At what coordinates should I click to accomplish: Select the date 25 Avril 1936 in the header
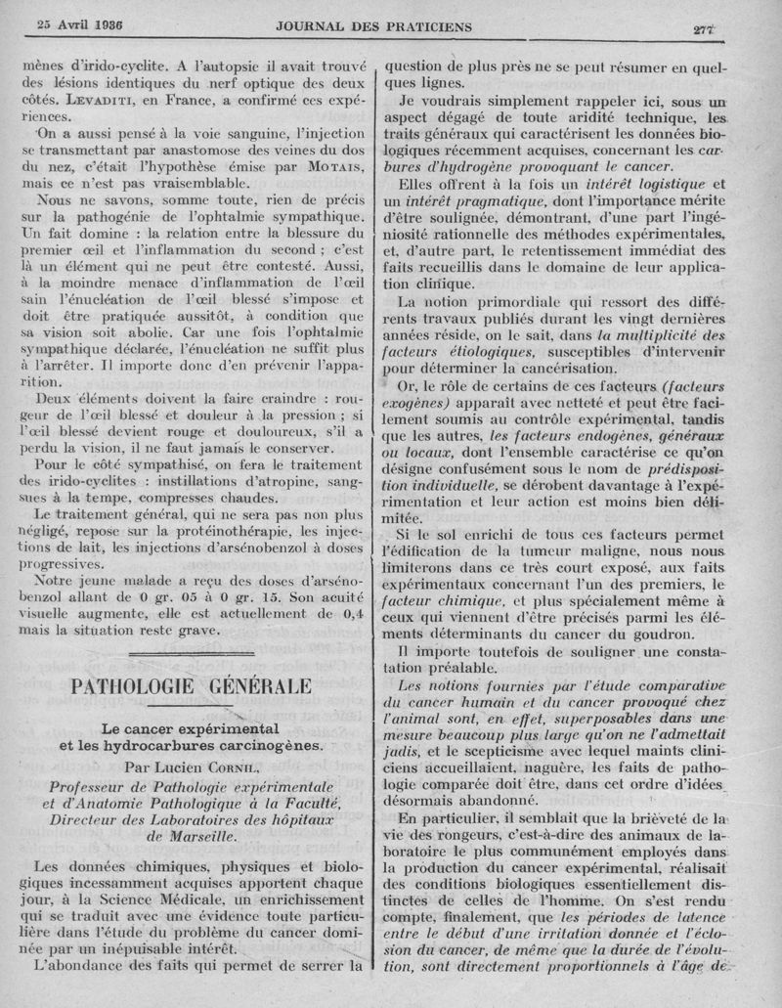coord(86,23)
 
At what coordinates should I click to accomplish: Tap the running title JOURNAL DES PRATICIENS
coord(388,23)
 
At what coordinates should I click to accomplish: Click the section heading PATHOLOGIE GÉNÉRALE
coord(193,685)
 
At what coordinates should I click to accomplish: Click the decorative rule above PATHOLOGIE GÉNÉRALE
coord(192,652)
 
